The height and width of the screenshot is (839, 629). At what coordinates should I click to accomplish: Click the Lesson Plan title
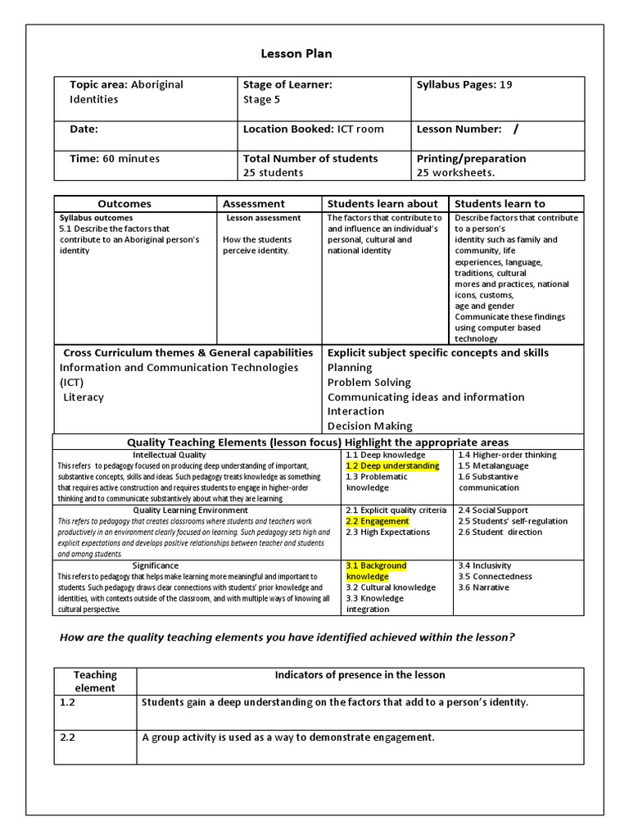(x=296, y=54)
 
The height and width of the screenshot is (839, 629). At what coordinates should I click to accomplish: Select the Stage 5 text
(x=261, y=99)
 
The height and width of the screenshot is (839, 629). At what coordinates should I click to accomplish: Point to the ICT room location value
(x=360, y=129)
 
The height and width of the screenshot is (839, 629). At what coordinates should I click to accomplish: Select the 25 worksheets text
(x=455, y=173)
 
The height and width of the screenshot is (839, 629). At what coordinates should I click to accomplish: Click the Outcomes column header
(x=124, y=203)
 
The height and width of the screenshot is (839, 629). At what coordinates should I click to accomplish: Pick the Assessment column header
(x=254, y=203)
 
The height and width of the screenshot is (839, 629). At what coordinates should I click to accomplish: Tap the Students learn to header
(x=500, y=203)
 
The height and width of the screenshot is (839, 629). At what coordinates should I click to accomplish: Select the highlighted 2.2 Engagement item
(x=378, y=521)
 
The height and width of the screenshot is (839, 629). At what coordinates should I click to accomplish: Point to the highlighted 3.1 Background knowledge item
(x=376, y=571)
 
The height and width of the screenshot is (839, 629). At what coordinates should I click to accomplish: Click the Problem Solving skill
(x=369, y=383)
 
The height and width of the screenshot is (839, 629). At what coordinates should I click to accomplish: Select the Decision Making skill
(x=370, y=426)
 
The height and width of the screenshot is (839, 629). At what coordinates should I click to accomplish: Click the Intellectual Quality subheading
(x=170, y=455)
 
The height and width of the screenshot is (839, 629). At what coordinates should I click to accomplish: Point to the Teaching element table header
(x=96, y=681)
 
